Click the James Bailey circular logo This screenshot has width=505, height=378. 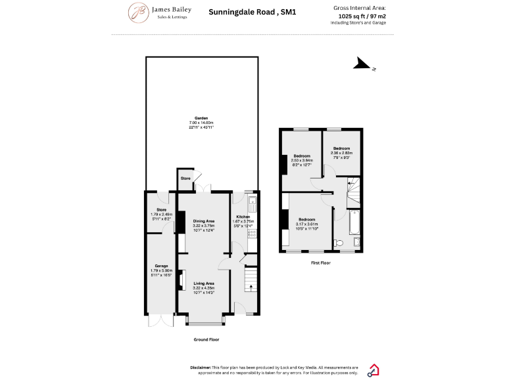coord(138,12)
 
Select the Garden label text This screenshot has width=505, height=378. coord(201,118)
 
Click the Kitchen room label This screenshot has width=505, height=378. coord(243,217)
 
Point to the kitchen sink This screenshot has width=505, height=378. coord(252,202)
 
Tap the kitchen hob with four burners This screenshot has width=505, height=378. coord(252,233)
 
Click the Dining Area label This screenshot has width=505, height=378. coord(204,221)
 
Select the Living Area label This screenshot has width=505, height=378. coord(204,283)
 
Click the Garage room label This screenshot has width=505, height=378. coord(161,266)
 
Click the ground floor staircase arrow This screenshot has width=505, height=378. coord(251,287)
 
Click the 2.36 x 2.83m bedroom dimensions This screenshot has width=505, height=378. coord(342,153)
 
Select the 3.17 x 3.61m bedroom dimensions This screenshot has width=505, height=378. coord(306,224)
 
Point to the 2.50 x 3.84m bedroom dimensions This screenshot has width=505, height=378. coord(302,160)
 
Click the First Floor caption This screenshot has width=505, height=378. coord(320,262)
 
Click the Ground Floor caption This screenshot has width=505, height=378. coord(206,339)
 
